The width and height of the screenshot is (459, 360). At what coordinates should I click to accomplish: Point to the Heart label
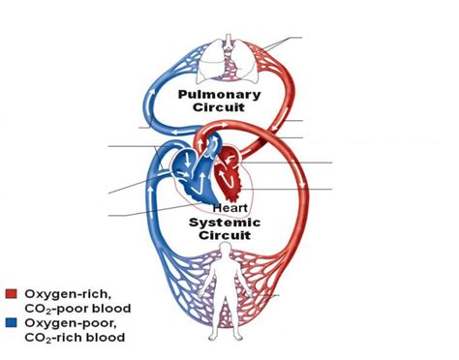[x=229, y=208]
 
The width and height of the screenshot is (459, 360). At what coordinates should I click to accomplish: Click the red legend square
[x=11, y=292]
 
